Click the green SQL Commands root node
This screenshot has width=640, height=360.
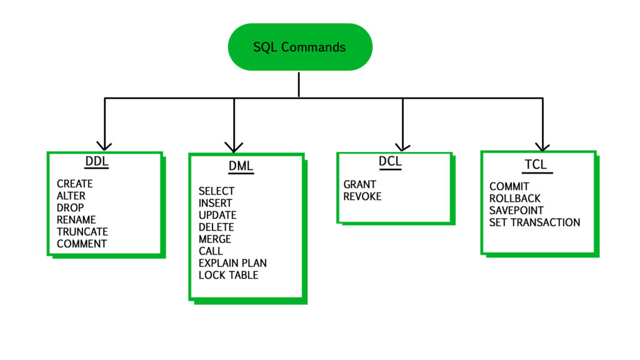click(x=300, y=47)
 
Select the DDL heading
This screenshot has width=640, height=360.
click(x=96, y=162)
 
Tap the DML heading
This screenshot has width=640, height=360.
click(x=241, y=167)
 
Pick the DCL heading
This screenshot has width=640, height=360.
click(x=390, y=162)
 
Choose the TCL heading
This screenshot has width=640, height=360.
click(x=536, y=164)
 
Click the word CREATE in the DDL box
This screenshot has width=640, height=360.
click(x=74, y=184)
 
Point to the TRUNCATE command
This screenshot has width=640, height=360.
click(x=82, y=232)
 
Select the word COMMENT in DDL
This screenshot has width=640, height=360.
click(x=81, y=244)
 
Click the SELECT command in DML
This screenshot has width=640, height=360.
click(x=216, y=191)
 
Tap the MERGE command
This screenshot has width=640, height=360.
click(x=214, y=239)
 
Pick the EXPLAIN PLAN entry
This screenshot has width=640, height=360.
click(x=232, y=263)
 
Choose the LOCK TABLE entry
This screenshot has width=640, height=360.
click(x=228, y=275)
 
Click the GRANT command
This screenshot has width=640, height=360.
click(x=359, y=184)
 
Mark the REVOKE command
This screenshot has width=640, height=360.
click(x=362, y=196)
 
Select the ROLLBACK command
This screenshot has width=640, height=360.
click(x=515, y=199)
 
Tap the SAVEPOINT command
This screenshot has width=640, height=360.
click(x=516, y=211)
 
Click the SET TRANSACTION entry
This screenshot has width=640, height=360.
click(x=534, y=222)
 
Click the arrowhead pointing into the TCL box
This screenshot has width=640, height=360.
click(x=542, y=146)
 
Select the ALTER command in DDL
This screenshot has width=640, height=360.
click(x=71, y=196)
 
